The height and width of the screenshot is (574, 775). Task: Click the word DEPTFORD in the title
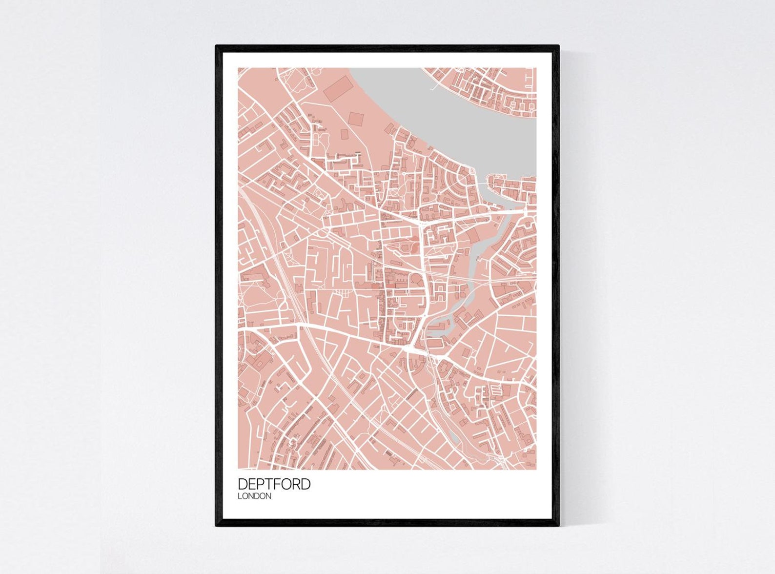(x=274, y=484)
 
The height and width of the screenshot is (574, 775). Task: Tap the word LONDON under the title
(x=254, y=496)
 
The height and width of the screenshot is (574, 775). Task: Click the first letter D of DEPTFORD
(x=243, y=484)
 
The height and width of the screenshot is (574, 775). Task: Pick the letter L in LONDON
(x=240, y=496)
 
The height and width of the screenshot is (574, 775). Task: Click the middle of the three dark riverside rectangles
(x=356, y=119)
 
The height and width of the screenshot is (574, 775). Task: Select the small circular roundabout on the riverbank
(x=473, y=172)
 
